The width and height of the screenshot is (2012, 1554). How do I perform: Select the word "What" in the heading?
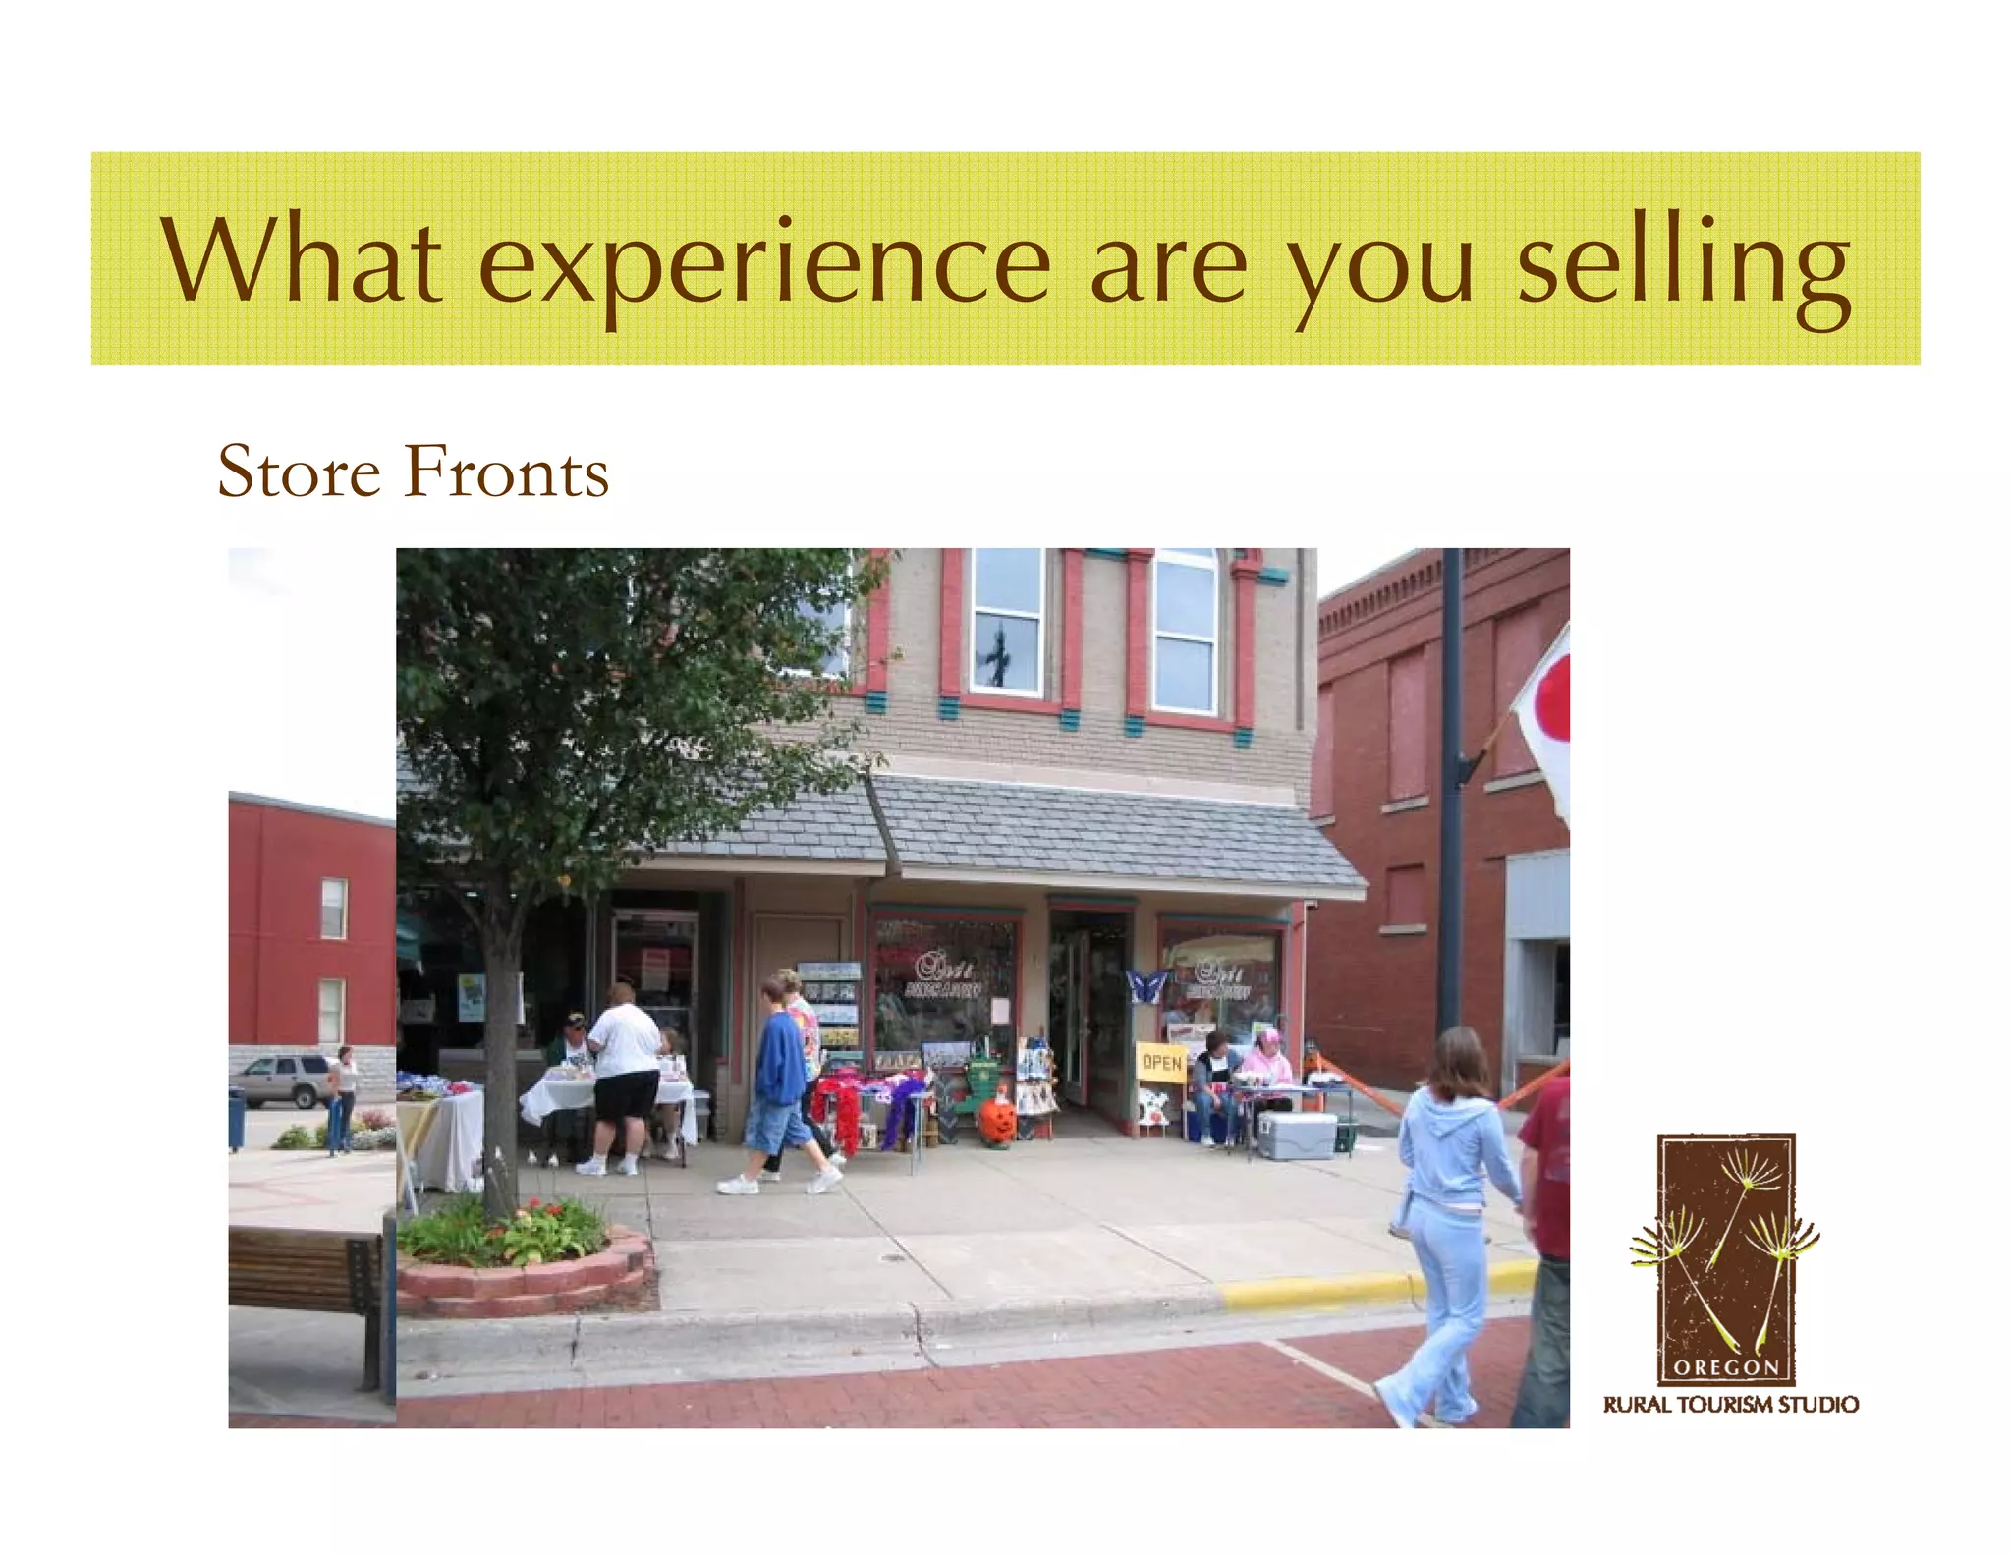tap(302, 260)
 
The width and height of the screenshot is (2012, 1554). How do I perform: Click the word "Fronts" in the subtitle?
tap(506, 472)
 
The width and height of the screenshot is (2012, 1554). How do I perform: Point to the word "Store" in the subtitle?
tap(299, 472)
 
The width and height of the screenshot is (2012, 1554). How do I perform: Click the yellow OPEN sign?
tap(1161, 1062)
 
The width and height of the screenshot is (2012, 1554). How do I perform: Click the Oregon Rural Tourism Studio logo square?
tap(1726, 1258)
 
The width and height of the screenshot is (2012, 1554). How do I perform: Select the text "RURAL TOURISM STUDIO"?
tap(1730, 1405)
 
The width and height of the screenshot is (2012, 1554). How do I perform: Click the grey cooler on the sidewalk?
tap(1297, 1135)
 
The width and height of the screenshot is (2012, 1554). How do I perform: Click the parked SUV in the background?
tap(285, 1080)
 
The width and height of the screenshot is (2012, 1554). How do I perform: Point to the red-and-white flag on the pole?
tap(1545, 717)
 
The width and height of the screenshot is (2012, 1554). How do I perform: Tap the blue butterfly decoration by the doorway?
tap(1146, 984)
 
